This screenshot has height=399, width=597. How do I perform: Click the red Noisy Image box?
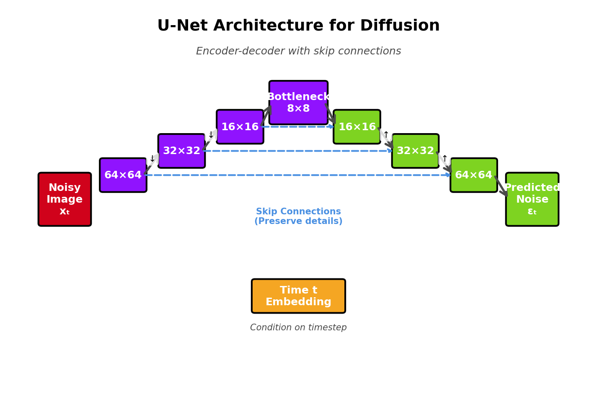click(x=65, y=199)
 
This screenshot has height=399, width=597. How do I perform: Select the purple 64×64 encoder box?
click(x=123, y=175)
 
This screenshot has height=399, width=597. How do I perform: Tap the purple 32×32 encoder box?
click(x=181, y=151)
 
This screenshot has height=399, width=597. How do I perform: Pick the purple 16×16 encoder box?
click(x=240, y=126)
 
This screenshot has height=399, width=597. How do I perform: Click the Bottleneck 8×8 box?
click(x=298, y=103)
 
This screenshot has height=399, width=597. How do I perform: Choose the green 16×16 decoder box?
click(x=357, y=126)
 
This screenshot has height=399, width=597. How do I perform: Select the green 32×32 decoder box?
click(x=415, y=151)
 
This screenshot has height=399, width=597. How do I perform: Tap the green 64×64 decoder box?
click(x=473, y=175)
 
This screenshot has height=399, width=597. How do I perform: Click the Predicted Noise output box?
click(x=532, y=199)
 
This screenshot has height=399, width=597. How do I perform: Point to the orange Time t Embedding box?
click(x=298, y=296)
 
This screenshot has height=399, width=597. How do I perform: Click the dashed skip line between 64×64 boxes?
click(x=298, y=175)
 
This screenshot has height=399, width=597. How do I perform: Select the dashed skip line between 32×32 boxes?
click(x=298, y=151)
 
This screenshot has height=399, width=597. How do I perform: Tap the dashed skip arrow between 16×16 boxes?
click(x=298, y=126)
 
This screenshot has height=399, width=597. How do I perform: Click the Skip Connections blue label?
click(x=298, y=216)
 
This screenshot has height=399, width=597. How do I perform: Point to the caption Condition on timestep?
click(x=298, y=327)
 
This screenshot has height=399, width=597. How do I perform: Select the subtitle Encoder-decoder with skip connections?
click(x=298, y=51)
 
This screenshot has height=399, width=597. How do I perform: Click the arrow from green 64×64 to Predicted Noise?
click(x=501, y=186)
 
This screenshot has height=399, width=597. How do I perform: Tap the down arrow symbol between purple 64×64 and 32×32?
click(x=152, y=159)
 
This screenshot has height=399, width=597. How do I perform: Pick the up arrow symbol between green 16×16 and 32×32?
click(x=386, y=135)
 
